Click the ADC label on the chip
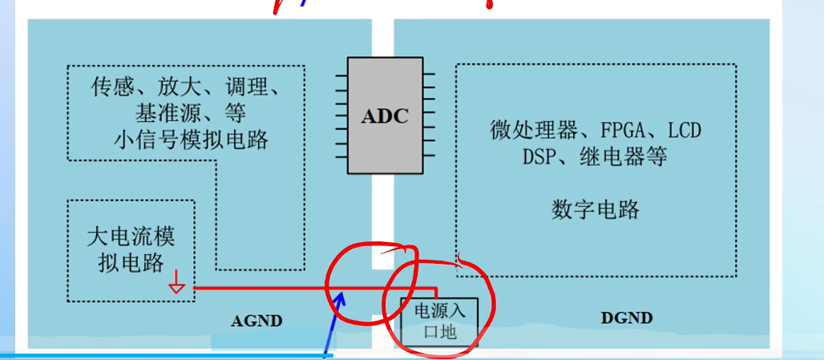click(385, 115)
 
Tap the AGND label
click(256, 322)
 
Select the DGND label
click(626, 318)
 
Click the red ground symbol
click(177, 285)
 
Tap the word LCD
click(689, 130)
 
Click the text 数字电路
click(596, 210)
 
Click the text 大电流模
click(130, 237)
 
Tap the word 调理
click(248, 87)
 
